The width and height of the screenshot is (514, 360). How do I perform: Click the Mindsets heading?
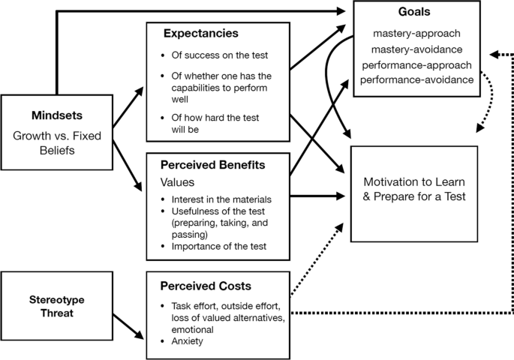(x=56, y=116)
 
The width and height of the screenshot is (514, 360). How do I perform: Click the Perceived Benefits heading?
(x=212, y=163)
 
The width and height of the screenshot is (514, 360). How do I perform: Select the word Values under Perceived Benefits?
(x=177, y=181)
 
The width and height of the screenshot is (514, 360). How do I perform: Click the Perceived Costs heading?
(x=204, y=287)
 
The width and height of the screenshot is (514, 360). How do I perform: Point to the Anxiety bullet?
(x=188, y=340)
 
